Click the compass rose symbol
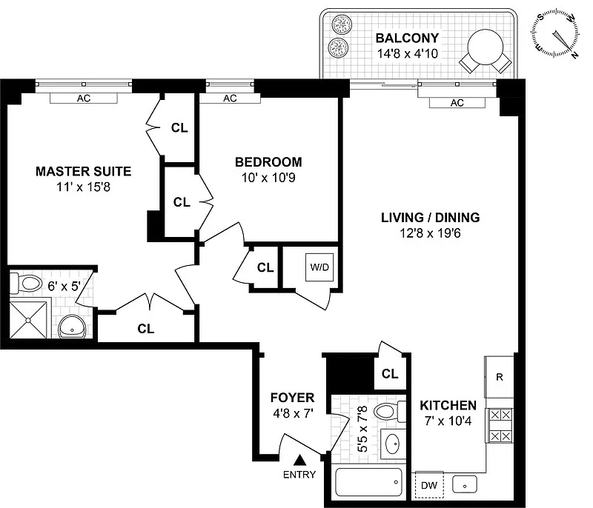[555, 35]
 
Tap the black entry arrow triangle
[300, 460]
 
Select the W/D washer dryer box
[319, 267]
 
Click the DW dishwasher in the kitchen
[429, 485]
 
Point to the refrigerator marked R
[499, 377]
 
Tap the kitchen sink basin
[465, 484]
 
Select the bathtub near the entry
[368, 482]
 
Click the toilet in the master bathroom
[26, 284]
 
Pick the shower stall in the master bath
[28, 320]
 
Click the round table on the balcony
[486, 48]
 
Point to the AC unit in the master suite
[84, 98]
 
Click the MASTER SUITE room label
[83, 172]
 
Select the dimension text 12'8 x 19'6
[431, 233]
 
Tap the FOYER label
[292, 398]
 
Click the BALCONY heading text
[407, 38]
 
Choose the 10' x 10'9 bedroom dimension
[268, 178]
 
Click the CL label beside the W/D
[265, 267]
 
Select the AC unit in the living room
[457, 103]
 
